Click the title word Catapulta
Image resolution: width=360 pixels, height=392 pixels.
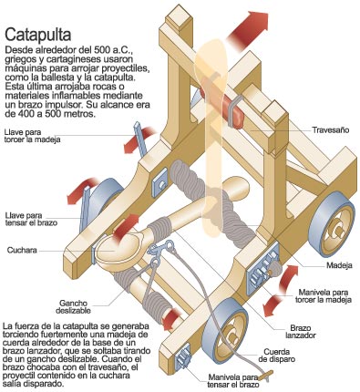coord(42,35)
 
